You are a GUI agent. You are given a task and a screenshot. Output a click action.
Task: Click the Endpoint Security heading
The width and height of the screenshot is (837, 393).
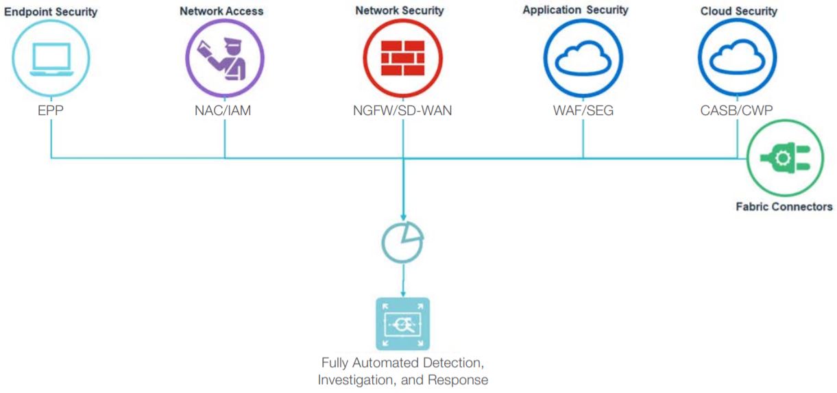click(51, 12)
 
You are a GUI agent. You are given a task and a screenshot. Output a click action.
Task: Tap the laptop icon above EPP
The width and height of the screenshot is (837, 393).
click(51, 58)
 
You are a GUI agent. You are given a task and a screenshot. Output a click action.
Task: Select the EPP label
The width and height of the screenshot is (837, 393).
click(51, 111)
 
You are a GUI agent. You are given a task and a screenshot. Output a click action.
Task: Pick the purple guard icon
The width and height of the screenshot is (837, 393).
click(226, 58)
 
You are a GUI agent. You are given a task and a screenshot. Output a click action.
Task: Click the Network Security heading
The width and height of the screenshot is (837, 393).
click(400, 11)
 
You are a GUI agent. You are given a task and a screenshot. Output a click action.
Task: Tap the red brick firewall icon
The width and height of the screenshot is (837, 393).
click(403, 58)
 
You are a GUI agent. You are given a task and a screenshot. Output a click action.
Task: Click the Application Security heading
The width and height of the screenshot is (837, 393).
click(575, 11)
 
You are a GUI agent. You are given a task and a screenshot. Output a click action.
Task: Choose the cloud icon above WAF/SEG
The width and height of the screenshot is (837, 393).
click(583, 58)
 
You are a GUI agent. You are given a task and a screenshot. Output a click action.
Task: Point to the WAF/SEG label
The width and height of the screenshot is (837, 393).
click(583, 111)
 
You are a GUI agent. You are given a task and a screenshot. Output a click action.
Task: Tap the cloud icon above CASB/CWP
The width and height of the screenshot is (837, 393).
click(737, 58)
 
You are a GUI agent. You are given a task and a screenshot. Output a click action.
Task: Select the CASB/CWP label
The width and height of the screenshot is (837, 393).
click(737, 111)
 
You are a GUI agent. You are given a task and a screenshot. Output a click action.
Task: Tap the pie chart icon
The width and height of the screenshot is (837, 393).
click(402, 239)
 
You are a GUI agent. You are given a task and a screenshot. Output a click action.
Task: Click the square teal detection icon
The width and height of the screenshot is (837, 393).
click(402, 323)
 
